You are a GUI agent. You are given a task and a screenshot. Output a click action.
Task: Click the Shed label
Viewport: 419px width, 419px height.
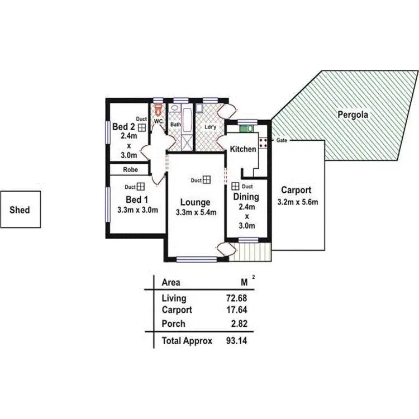coord(20,210)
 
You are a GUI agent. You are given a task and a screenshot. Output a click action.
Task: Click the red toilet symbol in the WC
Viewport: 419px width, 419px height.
coord(158,107)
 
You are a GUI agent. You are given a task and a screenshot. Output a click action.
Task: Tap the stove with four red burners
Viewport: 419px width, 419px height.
coord(263,141)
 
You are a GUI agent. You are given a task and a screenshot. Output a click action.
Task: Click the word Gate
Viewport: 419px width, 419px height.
coord(282,140)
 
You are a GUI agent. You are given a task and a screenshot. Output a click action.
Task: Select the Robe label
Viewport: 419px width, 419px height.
coord(131,169)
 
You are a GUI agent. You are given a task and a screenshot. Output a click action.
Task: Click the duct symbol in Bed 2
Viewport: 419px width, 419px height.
coord(142,127)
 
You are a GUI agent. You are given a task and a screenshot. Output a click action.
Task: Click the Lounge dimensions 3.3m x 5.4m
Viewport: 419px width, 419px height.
coord(196,212)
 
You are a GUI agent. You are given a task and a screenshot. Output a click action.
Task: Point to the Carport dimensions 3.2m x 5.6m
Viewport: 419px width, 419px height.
coord(298,202)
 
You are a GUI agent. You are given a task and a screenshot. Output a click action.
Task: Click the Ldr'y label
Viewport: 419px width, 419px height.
coord(211,127)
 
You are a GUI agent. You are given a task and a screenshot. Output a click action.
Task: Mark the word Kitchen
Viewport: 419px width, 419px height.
coord(243,149)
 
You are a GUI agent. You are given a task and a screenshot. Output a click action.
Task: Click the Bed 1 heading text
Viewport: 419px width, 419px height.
coord(136,199)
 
